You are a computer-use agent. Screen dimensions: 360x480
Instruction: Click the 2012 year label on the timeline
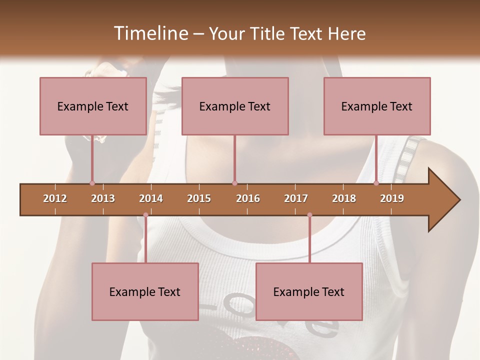(x=55, y=198)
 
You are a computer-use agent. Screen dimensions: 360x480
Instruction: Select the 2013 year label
(x=103, y=198)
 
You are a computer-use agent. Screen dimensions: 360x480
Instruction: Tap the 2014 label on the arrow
(x=151, y=198)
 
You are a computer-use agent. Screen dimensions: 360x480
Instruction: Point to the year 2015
(x=199, y=198)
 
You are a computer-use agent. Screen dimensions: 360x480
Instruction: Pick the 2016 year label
(x=248, y=198)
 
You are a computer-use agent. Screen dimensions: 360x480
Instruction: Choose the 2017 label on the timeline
(x=296, y=198)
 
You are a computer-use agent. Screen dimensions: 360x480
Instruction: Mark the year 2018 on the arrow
(x=344, y=198)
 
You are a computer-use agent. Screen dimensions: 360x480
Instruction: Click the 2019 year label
(x=392, y=198)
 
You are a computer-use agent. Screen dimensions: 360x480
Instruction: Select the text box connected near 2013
(x=93, y=106)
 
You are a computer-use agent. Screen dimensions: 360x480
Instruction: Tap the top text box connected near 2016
(x=235, y=106)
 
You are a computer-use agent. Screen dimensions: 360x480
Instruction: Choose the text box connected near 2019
(x=377, y=106)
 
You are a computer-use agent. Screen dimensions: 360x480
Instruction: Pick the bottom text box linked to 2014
(x=145, y=291)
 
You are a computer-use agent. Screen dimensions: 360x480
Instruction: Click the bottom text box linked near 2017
(x=309, y=291)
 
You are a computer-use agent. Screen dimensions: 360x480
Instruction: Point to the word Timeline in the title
(x=149, y=33)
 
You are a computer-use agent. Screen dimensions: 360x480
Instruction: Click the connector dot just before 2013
(x=92, y=183)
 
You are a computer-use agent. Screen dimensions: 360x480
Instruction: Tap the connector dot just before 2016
(x=234, y=183)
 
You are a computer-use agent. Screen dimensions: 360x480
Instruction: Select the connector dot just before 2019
(x=376, y=183)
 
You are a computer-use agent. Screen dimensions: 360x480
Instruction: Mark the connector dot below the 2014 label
(x=145, y=215)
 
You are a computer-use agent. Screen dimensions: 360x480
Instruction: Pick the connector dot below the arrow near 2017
(x=309, y=215)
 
